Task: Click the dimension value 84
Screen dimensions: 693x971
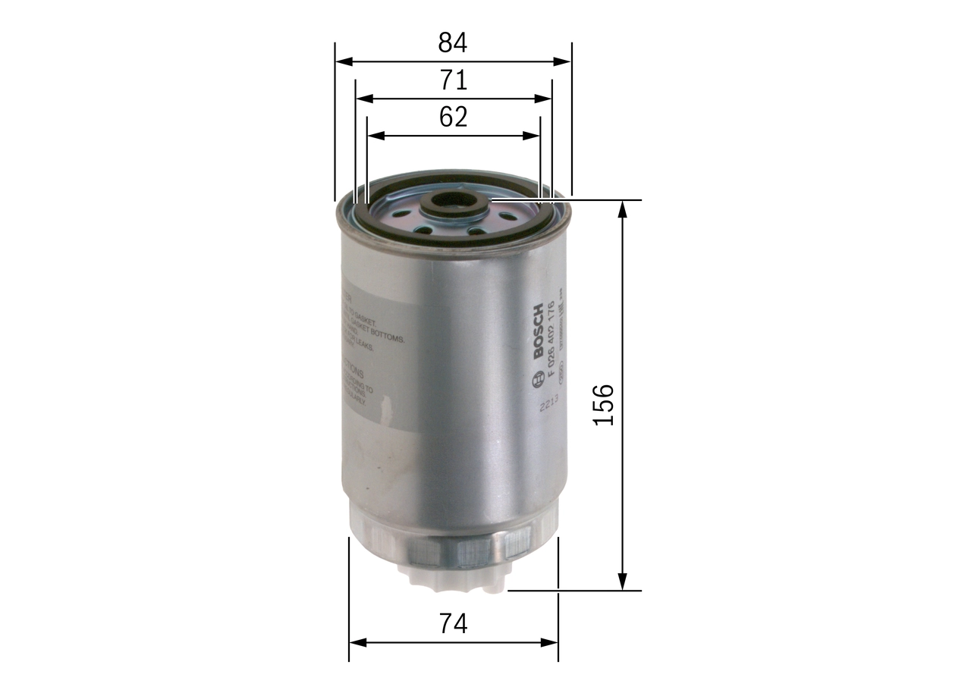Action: (x=452, y=43)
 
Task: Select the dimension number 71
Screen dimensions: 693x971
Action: (x=452, y=80)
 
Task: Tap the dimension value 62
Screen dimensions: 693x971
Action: (x=452, y=117)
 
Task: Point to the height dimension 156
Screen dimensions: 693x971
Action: (x=603, y=404)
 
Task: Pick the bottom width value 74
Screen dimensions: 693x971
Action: (x=453, y=623)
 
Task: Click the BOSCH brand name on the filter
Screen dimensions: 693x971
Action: (x=538, y=332)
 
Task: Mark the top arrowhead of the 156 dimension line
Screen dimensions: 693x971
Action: (x=623, y=208)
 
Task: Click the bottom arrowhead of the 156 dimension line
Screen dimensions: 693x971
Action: (x=623, y=583)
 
